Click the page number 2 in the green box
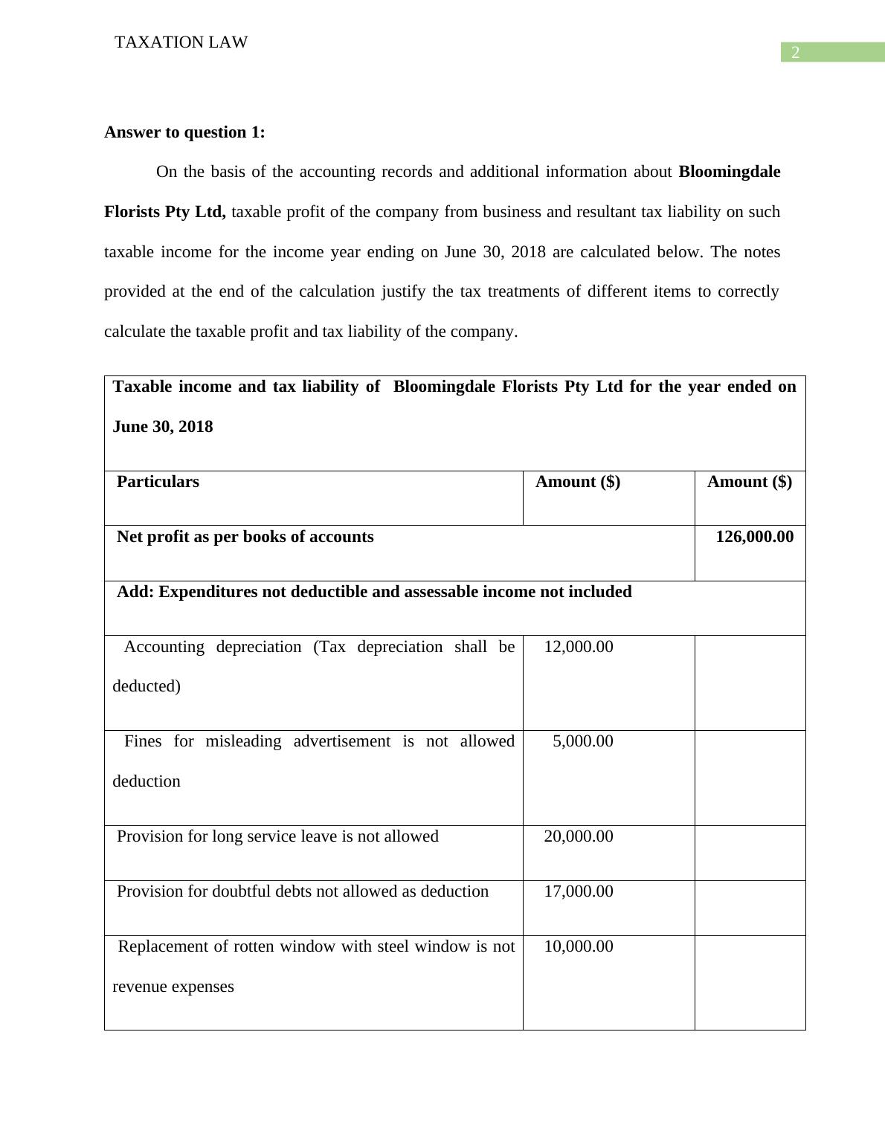click(x=795, y=53)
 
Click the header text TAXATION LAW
click(x=181, y=42)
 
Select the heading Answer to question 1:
click(x=184, y=132)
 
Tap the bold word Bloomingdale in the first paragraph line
click(x=729, y=172)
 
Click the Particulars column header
click(x=158, y=482)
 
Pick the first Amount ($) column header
click(x=578, y=482)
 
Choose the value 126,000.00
click(x=754, y=537)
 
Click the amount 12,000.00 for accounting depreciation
click(x=579, y=647)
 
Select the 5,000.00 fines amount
click(x=583, y=741)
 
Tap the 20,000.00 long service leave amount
click(x=579, y=836)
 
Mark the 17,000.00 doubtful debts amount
click(x=579, y=891)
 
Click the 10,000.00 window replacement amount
click(x=579, y=946)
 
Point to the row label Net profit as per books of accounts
click(x=245, y=537)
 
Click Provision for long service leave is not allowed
click(x=277, y=836)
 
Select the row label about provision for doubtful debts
click(x=303, y=891)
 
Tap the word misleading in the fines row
click(x=243, y=741)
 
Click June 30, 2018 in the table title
click(x=163, y=427)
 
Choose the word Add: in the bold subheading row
click(x=135, y=592)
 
